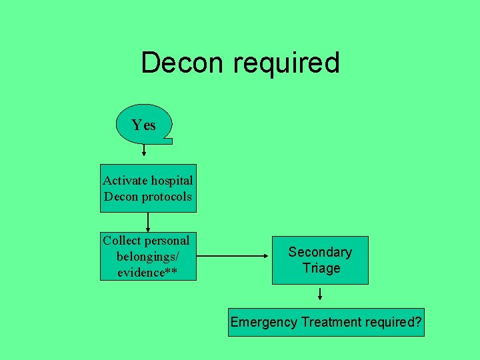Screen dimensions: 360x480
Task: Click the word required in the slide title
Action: [x=286, y=63]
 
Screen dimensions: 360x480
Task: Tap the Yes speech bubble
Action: [x=143, y=125]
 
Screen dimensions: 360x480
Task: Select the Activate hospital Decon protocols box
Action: [x=148, y=188]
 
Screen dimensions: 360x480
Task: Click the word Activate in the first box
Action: [x=126, y=181]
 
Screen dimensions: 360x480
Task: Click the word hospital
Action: [x=172, y=181]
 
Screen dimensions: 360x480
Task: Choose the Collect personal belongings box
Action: [x=148, y=256]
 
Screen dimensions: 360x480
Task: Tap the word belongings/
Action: [x=147, y=257]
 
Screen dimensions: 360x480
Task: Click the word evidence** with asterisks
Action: [x=147, y=272]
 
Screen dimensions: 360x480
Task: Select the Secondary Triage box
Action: [x=320, y=260]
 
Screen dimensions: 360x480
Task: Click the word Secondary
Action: [x=320, y=252]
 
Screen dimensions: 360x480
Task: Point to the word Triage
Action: [x=321, y=268]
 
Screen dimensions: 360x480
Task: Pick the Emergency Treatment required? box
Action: [x=326, y=322]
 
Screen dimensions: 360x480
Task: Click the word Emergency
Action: [x=263, y=322]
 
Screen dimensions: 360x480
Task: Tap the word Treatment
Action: [x=331, y=322]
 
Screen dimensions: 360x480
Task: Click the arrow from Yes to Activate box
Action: [x=144, y=149]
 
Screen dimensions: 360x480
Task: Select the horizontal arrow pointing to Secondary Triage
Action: [x=233, y=255]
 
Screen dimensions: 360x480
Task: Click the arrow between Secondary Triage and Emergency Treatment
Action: [x=321, y=293]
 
